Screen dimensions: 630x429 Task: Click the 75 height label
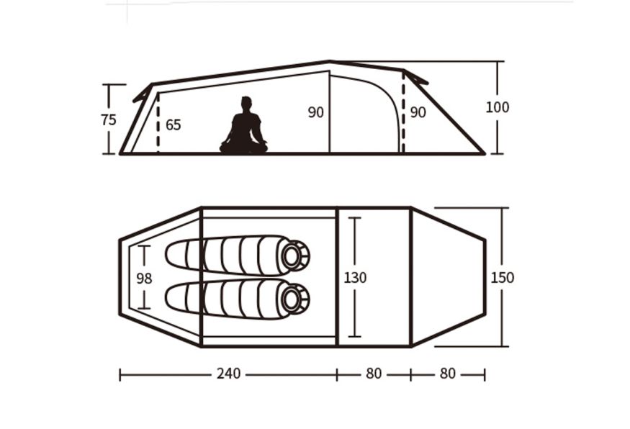(109, 119)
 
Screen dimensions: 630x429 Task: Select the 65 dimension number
(174, 125)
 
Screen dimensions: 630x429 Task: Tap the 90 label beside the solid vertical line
(316, 112)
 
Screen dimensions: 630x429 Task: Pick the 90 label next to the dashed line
(418, 112)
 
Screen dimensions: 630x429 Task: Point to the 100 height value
(498, 107)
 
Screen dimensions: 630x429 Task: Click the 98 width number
(144, 278)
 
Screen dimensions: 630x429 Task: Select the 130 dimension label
(355, 278)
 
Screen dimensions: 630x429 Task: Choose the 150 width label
(503, 278)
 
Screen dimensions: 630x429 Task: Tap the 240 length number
(229, 374)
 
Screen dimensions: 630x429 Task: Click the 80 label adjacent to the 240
(374, 374)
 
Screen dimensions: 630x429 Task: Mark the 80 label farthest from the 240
(448, 374)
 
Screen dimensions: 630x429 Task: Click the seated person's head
(246, 103)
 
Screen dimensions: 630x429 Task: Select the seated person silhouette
(244, 125)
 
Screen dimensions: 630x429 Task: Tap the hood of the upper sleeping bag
(295, 256)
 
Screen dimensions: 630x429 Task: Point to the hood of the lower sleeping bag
(295, 299)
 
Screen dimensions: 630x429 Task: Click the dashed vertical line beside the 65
(158, 123)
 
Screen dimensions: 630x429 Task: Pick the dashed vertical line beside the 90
(403, 112)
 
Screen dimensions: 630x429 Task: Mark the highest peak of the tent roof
(330, 61)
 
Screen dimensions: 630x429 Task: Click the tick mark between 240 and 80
(337, 375)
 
